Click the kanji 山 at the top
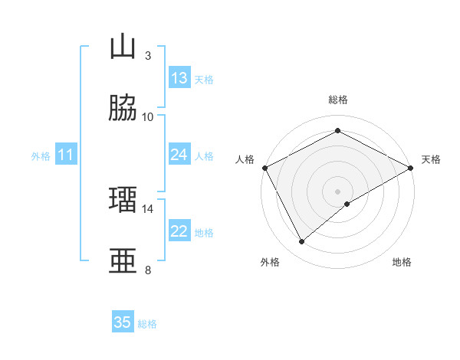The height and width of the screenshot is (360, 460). pos(123,47)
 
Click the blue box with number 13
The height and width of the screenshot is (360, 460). pos(179,78)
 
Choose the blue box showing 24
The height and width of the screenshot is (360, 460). pos(179,155)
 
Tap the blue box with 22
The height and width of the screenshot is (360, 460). pos(179,231)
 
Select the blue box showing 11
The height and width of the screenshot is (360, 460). pos(66,155)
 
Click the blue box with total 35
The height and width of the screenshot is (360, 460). pos(123,322)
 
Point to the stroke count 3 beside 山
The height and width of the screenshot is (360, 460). pos(147,55)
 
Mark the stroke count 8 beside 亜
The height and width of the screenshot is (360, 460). pos(147,270)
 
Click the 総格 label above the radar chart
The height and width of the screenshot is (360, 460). pos(337,100)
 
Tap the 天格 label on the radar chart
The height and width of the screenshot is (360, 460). pos(431,159)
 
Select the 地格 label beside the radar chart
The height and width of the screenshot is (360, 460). pos(402,262)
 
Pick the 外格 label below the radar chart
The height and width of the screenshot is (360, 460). pos(270,262)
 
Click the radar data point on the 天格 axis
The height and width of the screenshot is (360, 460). pos(411,168)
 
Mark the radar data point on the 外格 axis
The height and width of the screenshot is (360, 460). pos(302,242)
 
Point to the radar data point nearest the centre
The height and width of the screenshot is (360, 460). pos(347,204)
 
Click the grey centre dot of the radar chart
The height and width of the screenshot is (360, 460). pos(337,191)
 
